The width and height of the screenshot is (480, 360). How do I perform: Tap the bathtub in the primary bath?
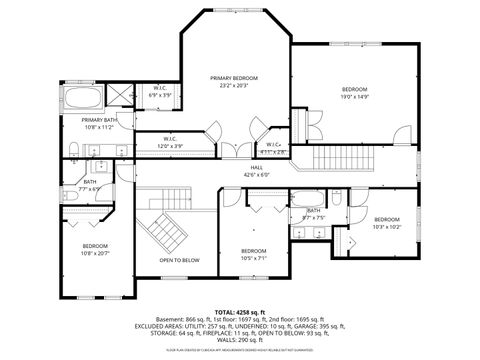(x=88, y=99)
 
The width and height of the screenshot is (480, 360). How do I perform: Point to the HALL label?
(x=256, y=171)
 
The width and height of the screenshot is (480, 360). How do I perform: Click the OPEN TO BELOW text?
(x=179, y=260)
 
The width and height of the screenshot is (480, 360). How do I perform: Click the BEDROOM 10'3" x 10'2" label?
(x=387, y=223)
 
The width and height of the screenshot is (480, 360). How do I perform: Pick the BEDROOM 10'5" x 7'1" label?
(x=253, y=254)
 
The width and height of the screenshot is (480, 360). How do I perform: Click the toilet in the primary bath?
(x=75, y=150)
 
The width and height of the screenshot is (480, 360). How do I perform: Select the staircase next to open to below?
(x=166, y=233)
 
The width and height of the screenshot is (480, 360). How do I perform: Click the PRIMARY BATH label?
(x=100, y=123)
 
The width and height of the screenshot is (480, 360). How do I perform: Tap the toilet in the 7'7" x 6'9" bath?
(x=76, y=193)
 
